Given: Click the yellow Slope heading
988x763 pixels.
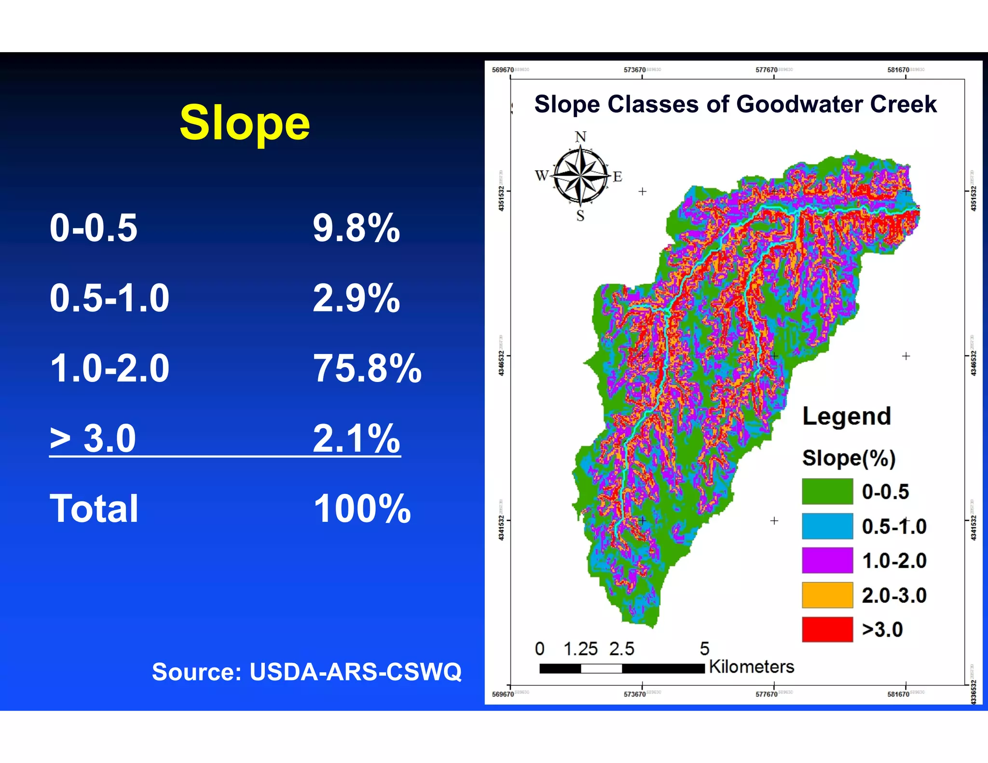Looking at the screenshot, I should point(245,123).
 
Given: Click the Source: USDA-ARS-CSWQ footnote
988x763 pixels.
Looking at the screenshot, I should point(307,671).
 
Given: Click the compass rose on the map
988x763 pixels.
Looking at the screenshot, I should point(580,176).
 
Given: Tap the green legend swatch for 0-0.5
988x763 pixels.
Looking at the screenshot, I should point(827,491).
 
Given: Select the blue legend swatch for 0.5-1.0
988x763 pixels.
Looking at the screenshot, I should point(827,526).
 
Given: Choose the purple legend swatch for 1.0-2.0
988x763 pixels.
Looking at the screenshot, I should point(827,560).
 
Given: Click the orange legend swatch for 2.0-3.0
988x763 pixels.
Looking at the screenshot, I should point(827,595).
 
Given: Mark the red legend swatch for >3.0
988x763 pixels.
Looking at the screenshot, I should point(827,629).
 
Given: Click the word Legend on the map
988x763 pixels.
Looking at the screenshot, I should point(846,417).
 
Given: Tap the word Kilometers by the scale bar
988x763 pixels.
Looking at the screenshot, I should point(751,667).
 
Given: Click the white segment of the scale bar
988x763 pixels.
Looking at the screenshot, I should point(601,668).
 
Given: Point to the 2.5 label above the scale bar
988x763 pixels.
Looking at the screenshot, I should point(621,649).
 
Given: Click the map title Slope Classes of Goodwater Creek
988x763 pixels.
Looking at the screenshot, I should point(735,105).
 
